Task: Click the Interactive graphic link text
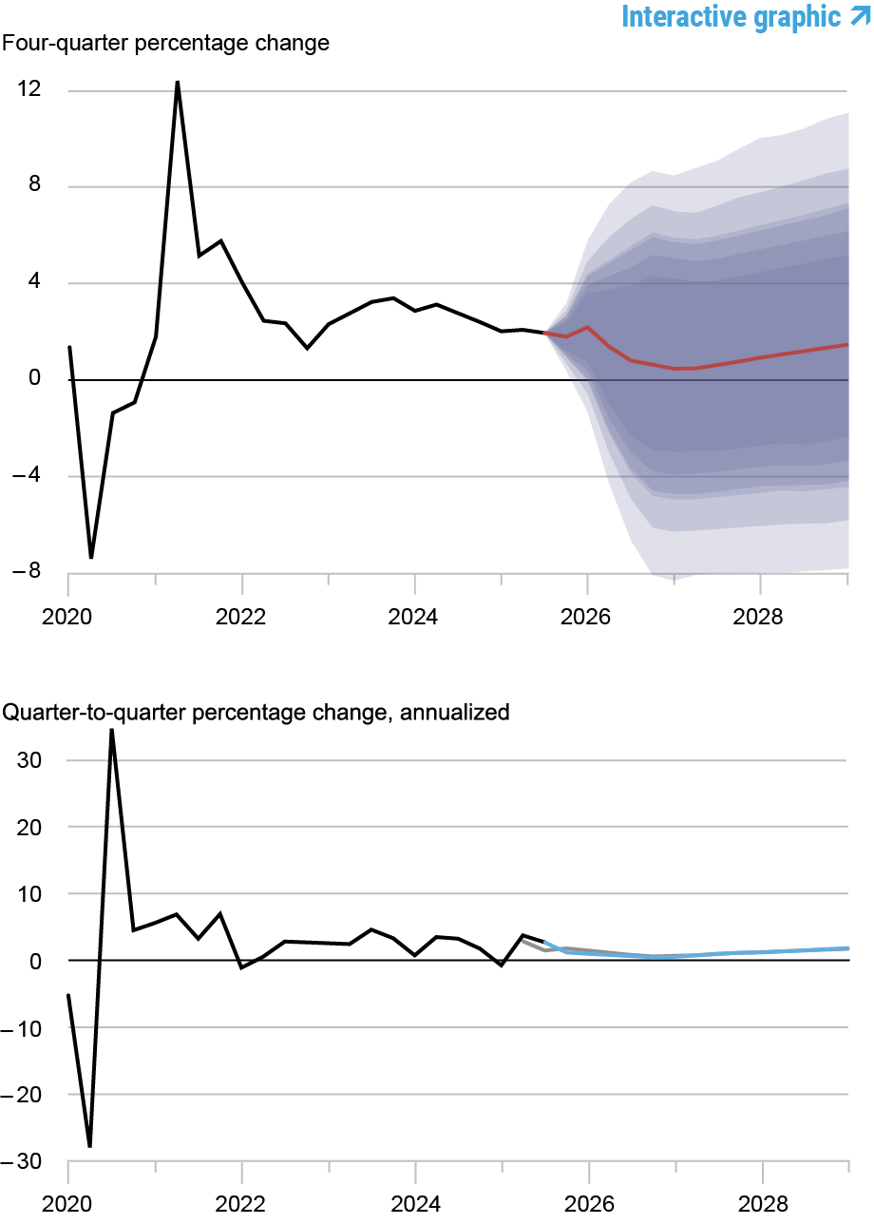731,16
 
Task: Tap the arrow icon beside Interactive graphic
860,15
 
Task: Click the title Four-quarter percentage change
166,44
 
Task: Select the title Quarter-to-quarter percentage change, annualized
256,712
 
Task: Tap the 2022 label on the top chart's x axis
241,619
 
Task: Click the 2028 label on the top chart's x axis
760,619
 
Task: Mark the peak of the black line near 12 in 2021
178,82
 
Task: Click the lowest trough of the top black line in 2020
91,558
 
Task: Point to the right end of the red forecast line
847,345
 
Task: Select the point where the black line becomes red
544,333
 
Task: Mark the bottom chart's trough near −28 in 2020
90,1146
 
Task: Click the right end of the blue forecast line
847,948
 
